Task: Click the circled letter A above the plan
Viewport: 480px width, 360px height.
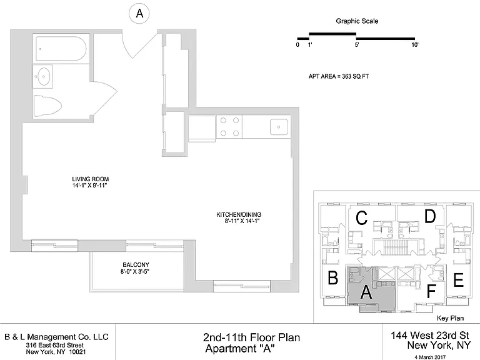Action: pos(139,14)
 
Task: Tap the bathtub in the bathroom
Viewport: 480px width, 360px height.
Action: pos(61,49)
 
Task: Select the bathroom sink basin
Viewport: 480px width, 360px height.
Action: pos(43,76)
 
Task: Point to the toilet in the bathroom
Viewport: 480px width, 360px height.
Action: pos(47,106)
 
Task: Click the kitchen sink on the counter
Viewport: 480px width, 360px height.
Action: pos(279,127)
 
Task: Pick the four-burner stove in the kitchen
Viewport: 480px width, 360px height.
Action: pos(229,126)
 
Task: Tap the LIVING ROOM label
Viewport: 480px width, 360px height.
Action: pos(90,179)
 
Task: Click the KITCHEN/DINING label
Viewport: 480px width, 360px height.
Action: pos(239,214)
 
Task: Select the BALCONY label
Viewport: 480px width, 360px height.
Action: pos(136,265)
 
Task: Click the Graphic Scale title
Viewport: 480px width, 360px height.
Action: pos(357,21)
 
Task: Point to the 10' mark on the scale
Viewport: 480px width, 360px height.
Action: pos(415,45)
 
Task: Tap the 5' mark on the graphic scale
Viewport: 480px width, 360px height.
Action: pos(357,45)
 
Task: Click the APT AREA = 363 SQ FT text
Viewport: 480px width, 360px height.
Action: pos(339,76)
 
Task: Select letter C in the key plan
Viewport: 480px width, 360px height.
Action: pos(361,218)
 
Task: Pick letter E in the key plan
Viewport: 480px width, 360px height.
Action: pos(458,280)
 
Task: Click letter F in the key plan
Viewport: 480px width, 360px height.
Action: pos(431,291)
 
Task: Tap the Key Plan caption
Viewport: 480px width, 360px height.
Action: pos(450,318)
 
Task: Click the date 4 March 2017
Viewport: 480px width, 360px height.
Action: pos(430,357)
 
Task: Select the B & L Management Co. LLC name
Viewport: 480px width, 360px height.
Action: pos(57,337)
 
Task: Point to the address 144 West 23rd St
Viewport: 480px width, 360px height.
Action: pos(430,335)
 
